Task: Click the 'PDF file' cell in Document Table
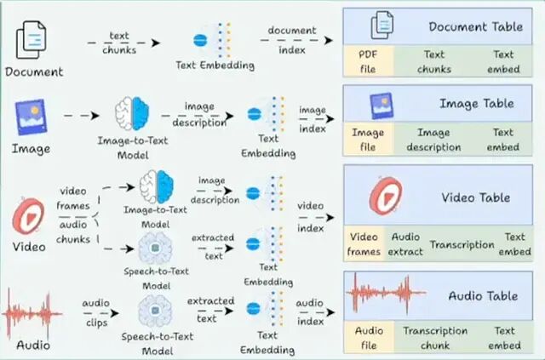pyautogui.click(x=367, y=60)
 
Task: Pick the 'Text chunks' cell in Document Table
pyautogui.click(x=433, y=60)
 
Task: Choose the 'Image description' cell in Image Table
pyautogui.click(x=433, y=140)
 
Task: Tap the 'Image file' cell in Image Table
pyautogui.click(x=367, y=140)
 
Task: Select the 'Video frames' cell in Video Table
pyautogui.click(x=364, y=245)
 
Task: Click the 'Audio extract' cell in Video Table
pyautogui.click(x=405, y=245)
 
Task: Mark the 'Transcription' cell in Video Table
pyautogui.click(x=462, y=245)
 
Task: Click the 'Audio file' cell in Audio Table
pyautogui.click(x=368, y=338)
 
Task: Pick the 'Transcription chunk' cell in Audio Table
pyautogui.click(x=435, y=338)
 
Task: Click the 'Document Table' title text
pyautogui.click(x=476, y=26)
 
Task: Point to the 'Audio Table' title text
pyautogui.click(x=481, y=296)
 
